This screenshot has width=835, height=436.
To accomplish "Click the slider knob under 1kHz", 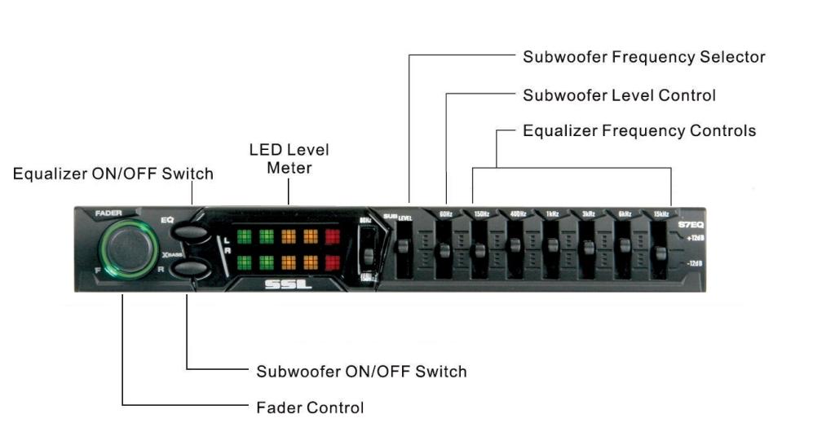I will [x=551, y=246].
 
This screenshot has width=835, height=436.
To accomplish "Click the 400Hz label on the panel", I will [x=517, y=214].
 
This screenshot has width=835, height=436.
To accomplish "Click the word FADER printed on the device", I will [x=108, y=214].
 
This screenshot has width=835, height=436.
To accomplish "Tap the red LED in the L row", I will [x=334, y=237].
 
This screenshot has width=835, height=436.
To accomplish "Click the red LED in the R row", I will [x=334, y=263].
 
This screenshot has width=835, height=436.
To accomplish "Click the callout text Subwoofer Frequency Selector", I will [x=643, y=57].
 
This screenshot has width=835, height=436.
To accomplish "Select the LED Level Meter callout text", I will [x=289, y=159].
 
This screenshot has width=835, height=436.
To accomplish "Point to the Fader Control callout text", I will [x=310, y=407].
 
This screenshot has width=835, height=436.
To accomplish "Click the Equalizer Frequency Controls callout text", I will [x=638, y=130].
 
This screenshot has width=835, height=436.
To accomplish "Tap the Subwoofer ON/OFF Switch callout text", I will [x=361, y=372].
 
